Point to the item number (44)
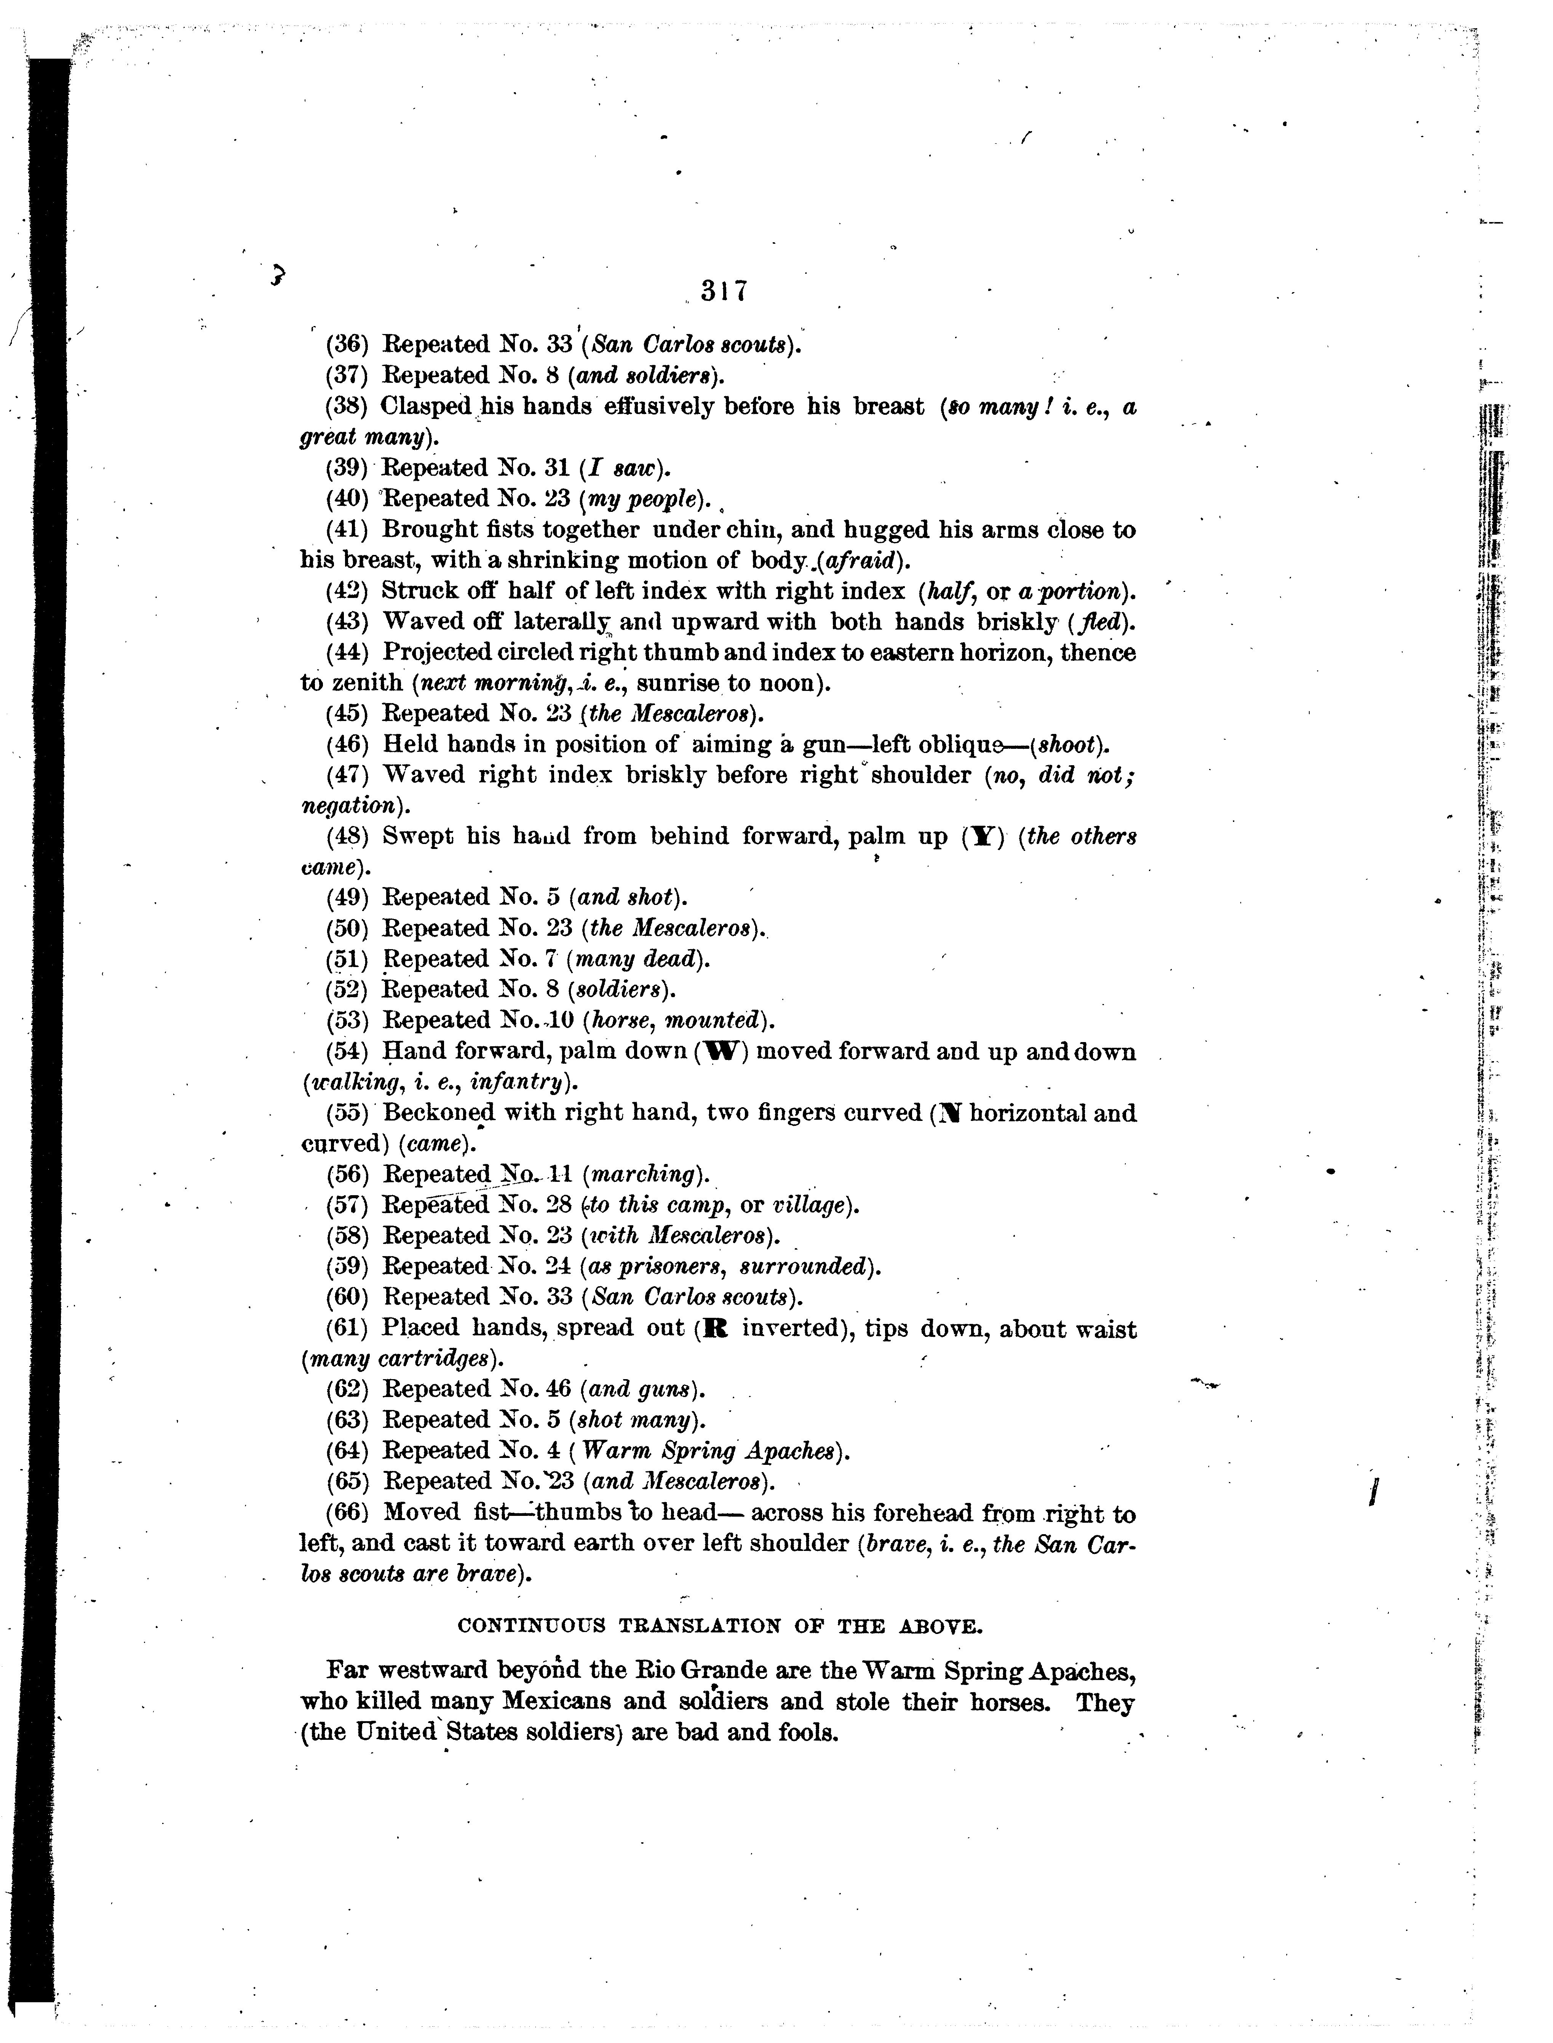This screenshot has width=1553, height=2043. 348,653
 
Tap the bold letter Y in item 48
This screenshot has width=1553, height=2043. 983,837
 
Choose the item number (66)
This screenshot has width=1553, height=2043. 348,1513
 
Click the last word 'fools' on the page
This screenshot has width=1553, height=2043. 808,1732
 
